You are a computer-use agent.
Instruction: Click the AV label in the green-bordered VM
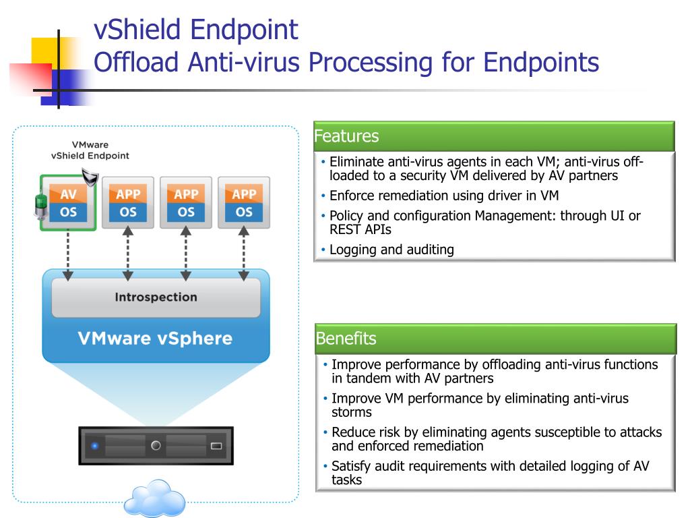[x=68, y=194]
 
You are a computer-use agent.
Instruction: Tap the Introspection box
[x=156, y=297]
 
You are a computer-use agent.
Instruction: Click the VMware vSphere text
[x=156, y=339]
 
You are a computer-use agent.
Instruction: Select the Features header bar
[x=494, y=136]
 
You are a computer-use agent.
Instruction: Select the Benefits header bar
[x=495, y=339]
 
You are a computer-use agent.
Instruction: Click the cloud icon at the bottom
[x=154, y=498]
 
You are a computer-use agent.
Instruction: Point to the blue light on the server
[x=94, y=446]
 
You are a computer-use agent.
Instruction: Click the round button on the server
[x=156, y=445]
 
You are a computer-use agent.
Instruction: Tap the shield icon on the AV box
[x=90, y=177]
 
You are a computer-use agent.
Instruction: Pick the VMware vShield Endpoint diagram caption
[x=90, y=150]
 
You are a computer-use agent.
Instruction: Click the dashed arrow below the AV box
[x=68, y=256]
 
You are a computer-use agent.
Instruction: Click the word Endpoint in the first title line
[x=244, y=30]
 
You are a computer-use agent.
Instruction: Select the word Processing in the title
[x=371, y=62]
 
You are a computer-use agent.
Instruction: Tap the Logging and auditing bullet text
[x=391, y=250]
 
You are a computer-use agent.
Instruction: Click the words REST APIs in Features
[x=360, y=229]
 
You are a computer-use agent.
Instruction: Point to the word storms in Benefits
[x=352, y=412]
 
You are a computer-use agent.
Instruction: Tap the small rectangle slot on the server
[x=216, y=446]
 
